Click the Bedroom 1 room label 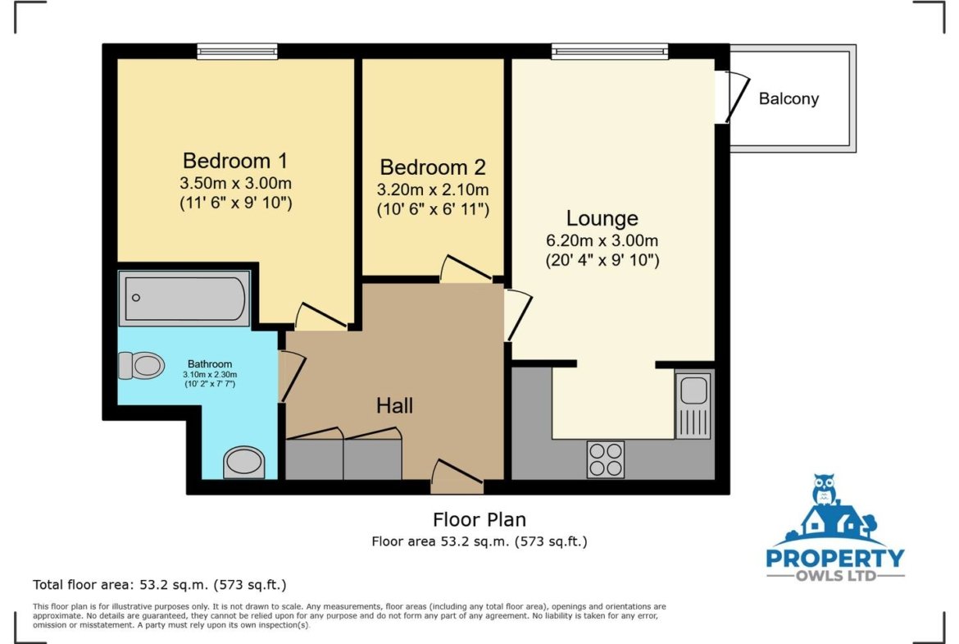235,161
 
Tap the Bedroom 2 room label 433,167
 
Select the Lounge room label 602,218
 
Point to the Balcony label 789,98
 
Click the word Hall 394,405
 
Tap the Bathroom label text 210,363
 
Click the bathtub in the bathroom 184,298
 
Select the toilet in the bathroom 141,365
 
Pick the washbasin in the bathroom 244,462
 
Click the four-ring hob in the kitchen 606,459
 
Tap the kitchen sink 693,405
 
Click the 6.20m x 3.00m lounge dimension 602,240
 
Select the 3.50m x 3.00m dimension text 235,183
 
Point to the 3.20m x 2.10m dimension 433,190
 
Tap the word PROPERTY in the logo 835,559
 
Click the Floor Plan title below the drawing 479,520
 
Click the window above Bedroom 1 238,52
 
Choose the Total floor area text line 160,585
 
